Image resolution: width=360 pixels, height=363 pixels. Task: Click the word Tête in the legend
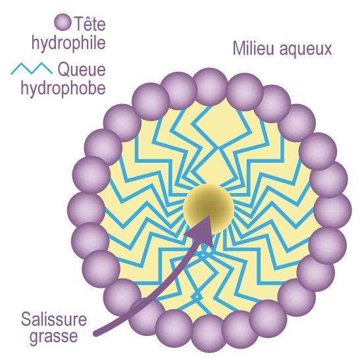pyautogui.click(x=90, y=23)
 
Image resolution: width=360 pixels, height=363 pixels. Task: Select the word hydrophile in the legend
pyautogui.click(x=68, y=43)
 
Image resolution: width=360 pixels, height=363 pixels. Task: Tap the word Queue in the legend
pyautogui.click(x=82, y=69)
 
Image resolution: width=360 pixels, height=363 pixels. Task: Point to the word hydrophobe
pyautogui.click(x=63, y=89)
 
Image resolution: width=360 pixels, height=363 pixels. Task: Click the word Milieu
pyautogui.click(x=253, y=48)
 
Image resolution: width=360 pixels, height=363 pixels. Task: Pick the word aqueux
pyautogui.click(x=305, y=50)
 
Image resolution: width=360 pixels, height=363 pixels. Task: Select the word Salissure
pyautogui.click(x=54, y=319)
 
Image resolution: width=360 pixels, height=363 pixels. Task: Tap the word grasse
pyautogui.click(x=54, y=337)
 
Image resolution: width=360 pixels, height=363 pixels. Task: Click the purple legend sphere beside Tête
pyautogui.click(x=63, y=22)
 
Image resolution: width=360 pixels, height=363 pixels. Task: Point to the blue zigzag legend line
pyautogui.click(x=32, y=69)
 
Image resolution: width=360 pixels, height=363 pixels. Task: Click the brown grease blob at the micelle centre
pyautogui.click(x=209, y=209)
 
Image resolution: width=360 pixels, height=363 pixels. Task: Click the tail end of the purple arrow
pyautogui.click(x=95, y=333)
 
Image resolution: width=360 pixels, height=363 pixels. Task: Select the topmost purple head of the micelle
pyautogui.click(x=210, y=87)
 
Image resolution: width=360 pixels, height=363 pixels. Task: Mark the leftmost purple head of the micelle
pyautogui.click(x=86, y=209)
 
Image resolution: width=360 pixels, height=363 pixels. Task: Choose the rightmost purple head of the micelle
pyautogui.click(x=333, y=210)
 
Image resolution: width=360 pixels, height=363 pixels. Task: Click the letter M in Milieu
pyautogui.click(x=239, y=48)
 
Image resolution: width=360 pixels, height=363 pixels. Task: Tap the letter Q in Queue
pyautogui.click(x=64, y=69)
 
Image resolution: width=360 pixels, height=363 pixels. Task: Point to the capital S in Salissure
pyautogui.click(x=26, y=319)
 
